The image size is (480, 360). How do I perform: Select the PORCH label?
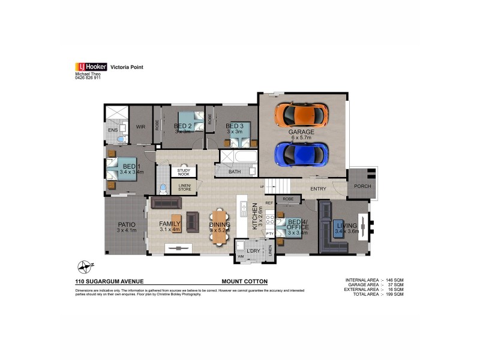pyautogui.click(x=362, y=186)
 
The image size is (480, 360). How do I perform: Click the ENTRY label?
pyautogui.click(x=318, y=189)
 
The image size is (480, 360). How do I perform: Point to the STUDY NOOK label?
pyautogui.click(x=183, y=172)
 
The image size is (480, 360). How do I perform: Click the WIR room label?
pyautogui.click(x=141, y=127)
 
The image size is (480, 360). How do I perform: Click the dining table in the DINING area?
pyautogui.click(x=220, y=226)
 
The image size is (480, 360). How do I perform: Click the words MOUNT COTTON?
pyautogui.click(x=244, y=281)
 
